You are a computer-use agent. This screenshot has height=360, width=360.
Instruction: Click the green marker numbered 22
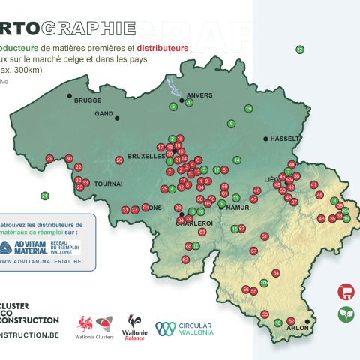click(x=300, y=49)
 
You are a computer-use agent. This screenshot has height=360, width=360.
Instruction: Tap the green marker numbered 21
click(x=44, y=196)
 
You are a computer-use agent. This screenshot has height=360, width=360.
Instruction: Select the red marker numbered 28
click(x=119, y=160)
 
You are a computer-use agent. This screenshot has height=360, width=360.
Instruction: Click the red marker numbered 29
click(x=49, y=158)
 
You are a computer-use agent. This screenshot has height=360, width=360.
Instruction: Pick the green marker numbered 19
click(x=248, y=109)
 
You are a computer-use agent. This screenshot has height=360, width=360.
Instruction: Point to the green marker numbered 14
click(x=237, y=160)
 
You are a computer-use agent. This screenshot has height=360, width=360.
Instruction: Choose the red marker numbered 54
click(x=275, y=273)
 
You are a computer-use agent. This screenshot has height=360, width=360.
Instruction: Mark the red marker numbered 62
click(x=185, y=259)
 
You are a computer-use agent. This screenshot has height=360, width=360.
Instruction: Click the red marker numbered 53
click(x=264, y=313)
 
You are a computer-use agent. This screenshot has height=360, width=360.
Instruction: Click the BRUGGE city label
click(x=88, y=100)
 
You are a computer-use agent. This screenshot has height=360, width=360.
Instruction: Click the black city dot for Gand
click(x=115, y=117)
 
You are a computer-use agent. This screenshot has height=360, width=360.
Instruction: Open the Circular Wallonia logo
click(x=184, y=328)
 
